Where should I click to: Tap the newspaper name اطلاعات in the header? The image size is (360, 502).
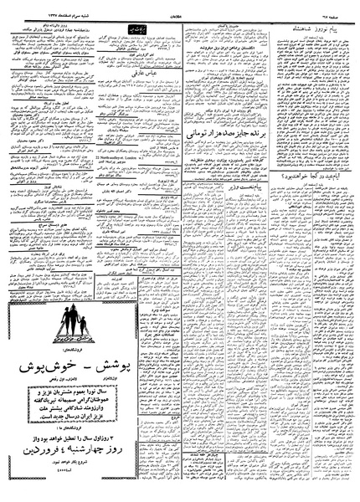(180, 12)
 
